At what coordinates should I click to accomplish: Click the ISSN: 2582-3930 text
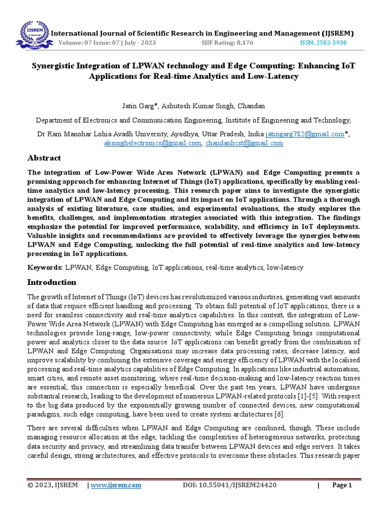(323, 43)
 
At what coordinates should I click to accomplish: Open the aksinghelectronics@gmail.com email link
(152, 143)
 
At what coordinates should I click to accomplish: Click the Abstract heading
(44, 158)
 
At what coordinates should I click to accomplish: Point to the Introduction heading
(51, 282)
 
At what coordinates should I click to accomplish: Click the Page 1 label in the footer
(342, 485)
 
